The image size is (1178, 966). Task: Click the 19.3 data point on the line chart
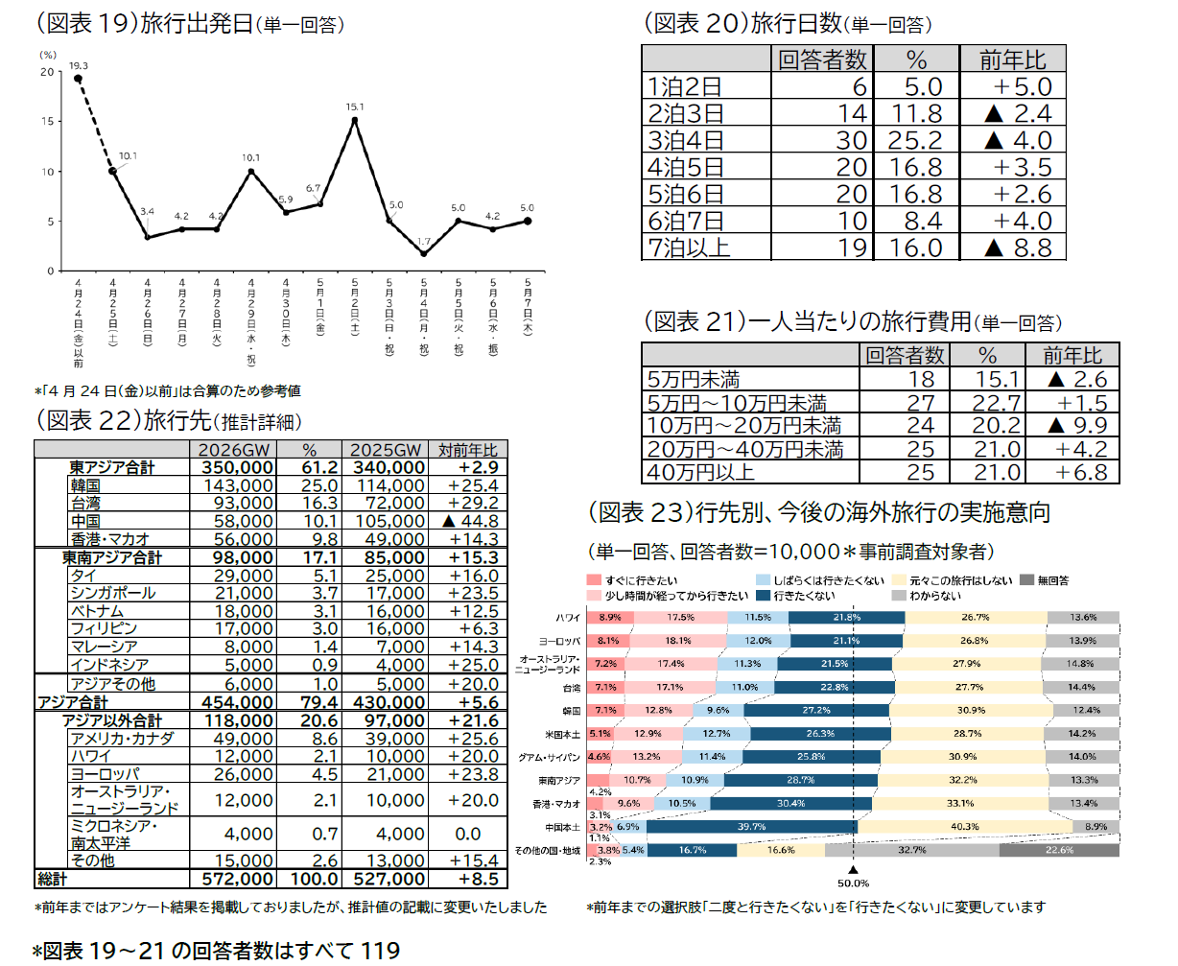pyautogui.click(x=78, y=79)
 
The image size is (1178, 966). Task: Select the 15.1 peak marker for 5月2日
pyautogui.click(x=355, y=120)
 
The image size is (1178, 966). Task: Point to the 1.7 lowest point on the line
pyautogui.click(x=423, y=253)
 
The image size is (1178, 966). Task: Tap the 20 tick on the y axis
pyautogui.click(x=48, y=72)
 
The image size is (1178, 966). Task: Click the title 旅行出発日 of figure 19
pyautogui.click(x=196, y=25)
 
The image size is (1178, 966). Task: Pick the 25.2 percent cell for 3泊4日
pyautogui.click(x=915, y=140)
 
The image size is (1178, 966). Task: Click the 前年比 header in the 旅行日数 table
pyautogui.click(x=1011, y=59)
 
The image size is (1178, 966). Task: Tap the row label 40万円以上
pyautogui.click(x=701, y=472)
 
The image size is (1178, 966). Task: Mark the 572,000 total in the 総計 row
pyautogui.click(x=238, y=879)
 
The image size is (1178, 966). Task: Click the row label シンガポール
pyautogui.click(x=112, y=593)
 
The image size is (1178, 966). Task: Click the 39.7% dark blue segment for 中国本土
pyautogui.click(x=751, y=826)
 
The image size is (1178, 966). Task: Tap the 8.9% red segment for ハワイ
pyautogui.click(x=609, y=617)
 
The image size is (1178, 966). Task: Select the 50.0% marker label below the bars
pyautogui.click(x=853, y=884)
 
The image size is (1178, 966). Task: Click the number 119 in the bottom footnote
pyautogui.click(x=380, y=950)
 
